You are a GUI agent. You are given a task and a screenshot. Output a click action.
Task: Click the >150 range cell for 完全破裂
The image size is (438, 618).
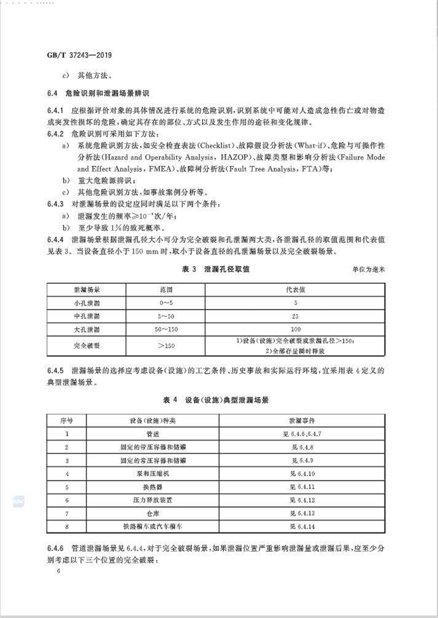click(165, 346)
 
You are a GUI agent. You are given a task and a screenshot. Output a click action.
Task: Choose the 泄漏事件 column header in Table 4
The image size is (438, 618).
click(304, 421)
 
